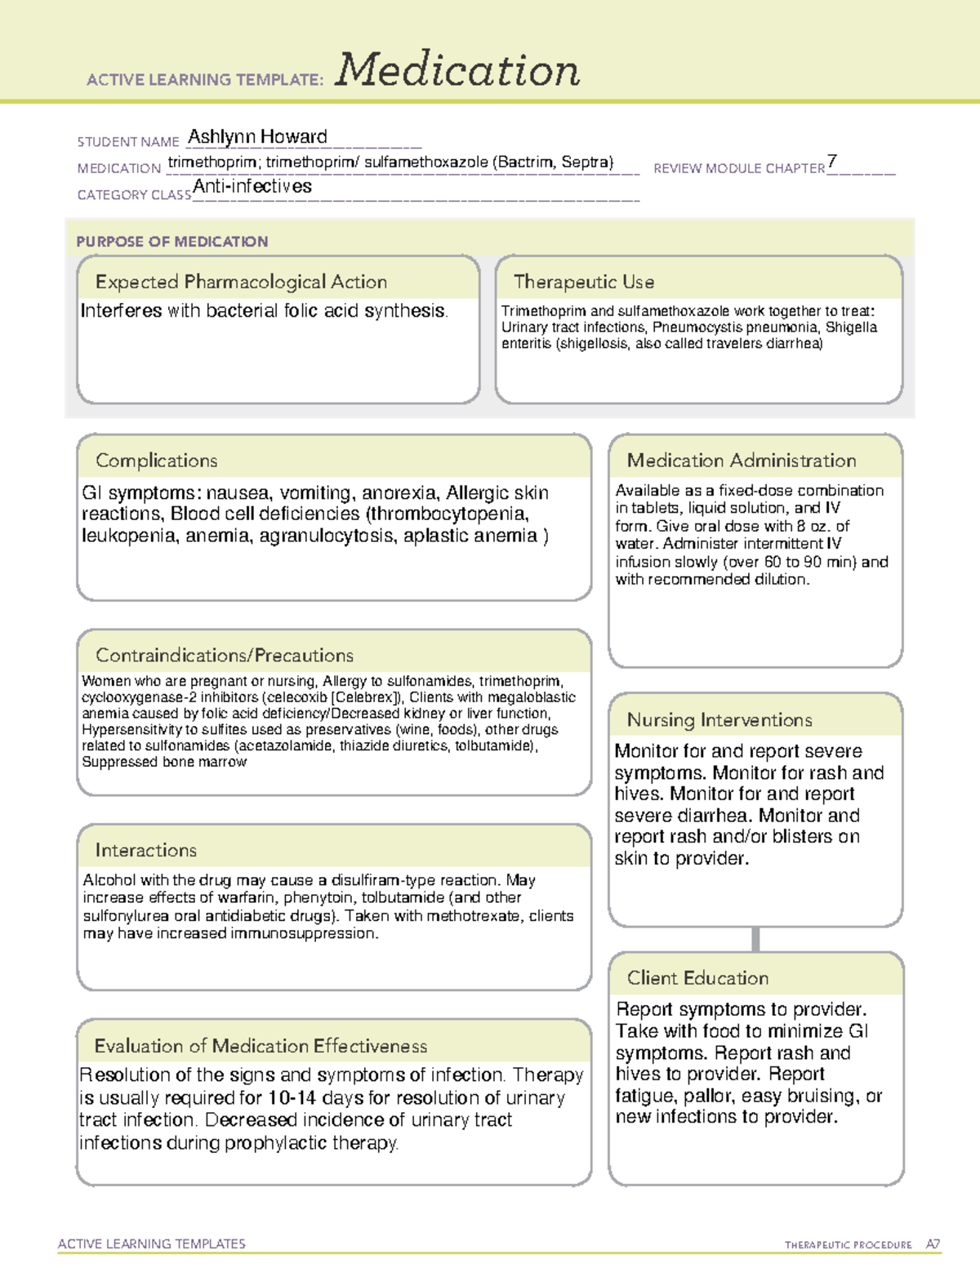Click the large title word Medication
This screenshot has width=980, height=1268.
click(457, 70)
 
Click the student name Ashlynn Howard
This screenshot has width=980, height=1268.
click(257, 137)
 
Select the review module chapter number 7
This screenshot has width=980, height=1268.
click(831, 161)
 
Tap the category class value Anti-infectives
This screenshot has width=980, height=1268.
click(252, 187)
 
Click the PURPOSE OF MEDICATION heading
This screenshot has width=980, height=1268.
click(172, 242)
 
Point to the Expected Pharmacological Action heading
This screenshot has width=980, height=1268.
click(241, 283)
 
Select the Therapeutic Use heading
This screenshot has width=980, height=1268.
click(584, 283)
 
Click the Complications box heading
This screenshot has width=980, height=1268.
click(157, 461)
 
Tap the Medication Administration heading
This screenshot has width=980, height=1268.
click(742, 461)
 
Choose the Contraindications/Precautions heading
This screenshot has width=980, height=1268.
click(225, 656)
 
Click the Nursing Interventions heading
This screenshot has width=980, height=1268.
click(719, 720)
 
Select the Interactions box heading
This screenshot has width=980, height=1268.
click(146, 851)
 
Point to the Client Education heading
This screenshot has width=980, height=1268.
click(698, 978)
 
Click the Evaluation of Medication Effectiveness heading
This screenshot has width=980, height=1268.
click(261, 1047)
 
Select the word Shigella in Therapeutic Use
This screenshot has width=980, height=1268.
click(851, 327)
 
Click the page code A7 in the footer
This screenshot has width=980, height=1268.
click(932, 1244)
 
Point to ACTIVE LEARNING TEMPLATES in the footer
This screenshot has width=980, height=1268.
click(152, 1244)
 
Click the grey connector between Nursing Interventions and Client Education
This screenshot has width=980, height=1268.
click(755, 939)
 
